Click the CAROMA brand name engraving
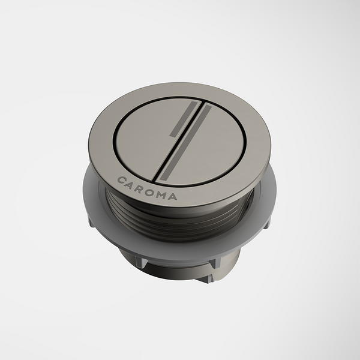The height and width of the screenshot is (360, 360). tap(147, 188)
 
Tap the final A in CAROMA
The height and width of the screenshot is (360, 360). tap(175, 195)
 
